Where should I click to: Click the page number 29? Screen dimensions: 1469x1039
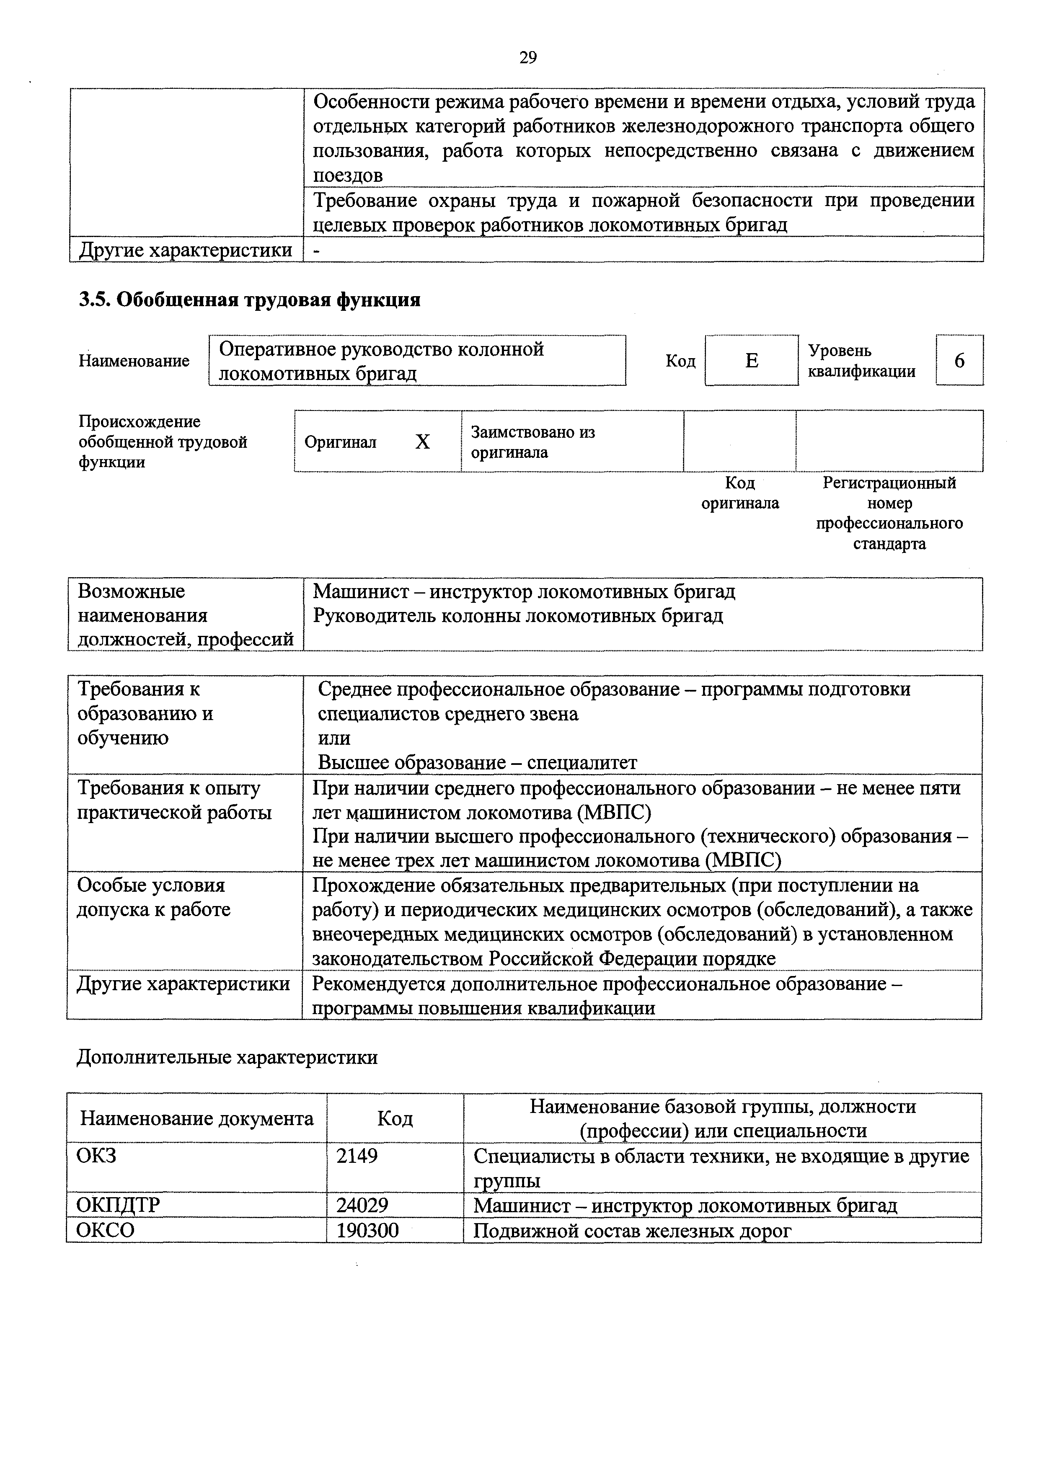pyautogui.click(x=528, y=57)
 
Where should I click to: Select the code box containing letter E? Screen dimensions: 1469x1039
pyautogui.click(x=752, y=361)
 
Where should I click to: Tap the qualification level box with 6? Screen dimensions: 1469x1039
pyautogui.click(x=959, y=361)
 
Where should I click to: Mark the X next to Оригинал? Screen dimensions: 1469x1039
pyautogui.click(x=422, y=442)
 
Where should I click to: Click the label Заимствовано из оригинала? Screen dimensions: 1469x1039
pyautogui.click(x=532, y=442)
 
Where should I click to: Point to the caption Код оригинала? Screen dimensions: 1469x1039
pyautogui.click(x=740, y=493)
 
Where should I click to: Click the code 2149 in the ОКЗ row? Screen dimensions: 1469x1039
pyautogui.click(x=357, y=1156)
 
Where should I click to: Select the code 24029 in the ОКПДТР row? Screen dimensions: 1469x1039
pyautogui.click(x=362, y=1206)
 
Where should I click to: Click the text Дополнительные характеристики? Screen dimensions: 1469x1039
pyautogui.click(x=227, y=1057)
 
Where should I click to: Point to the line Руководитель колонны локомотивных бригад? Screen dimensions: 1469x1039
pyautogui.click(x=517, y=615)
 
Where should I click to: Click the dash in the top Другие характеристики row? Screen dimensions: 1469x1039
pyautogui.click(x=316, y=250)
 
